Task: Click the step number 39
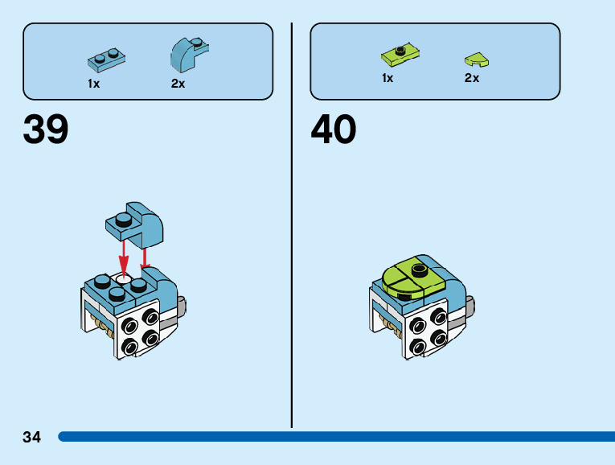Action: [46, 130]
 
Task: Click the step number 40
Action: [334, 130]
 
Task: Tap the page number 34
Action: [31, 438]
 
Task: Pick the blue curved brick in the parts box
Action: [187, 54]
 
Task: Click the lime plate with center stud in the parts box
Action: [401, 53]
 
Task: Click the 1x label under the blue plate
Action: [94, 84]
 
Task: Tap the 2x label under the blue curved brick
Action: [178, 84]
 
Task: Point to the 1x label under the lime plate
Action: [387, 78]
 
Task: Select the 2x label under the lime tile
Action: [472, 78]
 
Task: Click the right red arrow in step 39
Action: [146, 257]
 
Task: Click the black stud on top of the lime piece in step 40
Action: [417, 268]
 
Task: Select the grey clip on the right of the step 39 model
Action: [183, 306]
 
